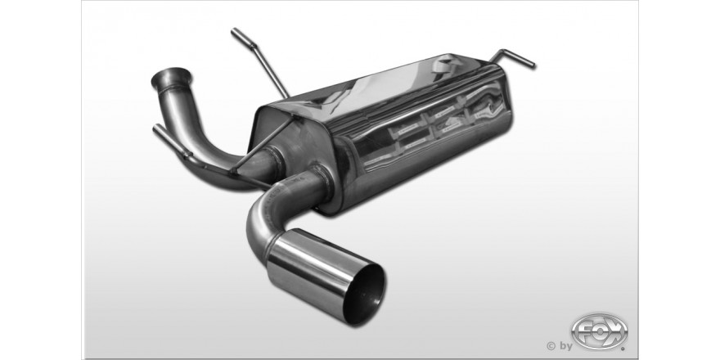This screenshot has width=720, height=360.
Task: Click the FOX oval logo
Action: click(599, 331)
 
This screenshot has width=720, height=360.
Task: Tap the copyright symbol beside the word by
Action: click(551, 346)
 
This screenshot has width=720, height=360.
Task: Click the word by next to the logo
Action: click(565, 346)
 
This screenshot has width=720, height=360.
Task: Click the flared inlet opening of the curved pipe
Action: click(171, 77)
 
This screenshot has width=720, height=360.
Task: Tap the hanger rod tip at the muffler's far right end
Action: click(533, 65)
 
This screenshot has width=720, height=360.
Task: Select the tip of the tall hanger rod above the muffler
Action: click(234, 31)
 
